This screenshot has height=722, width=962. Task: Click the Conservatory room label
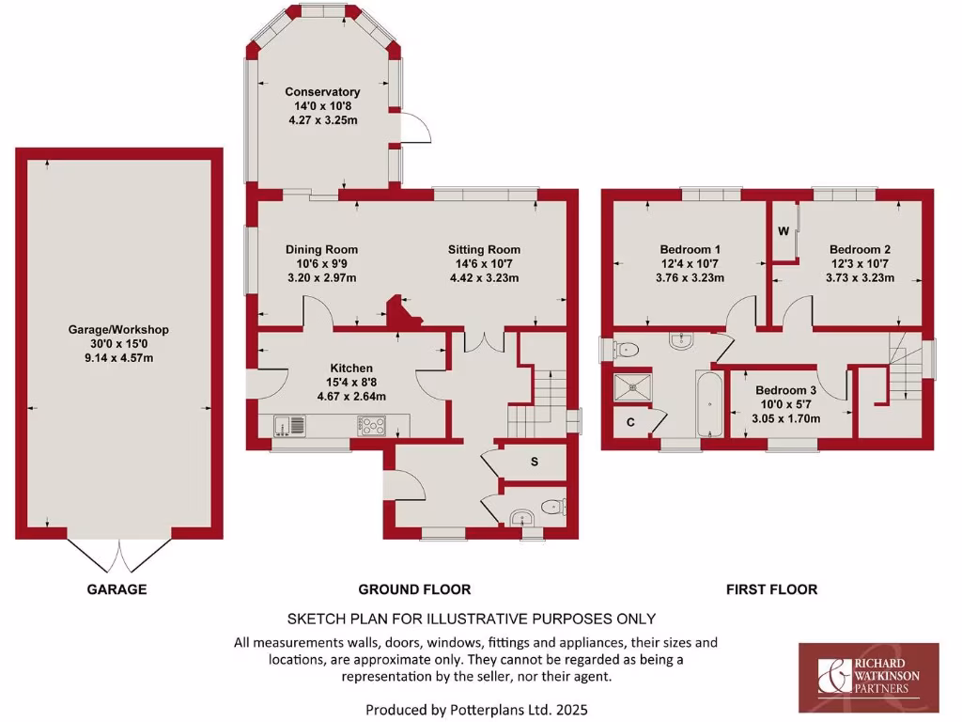(x=322, y=92)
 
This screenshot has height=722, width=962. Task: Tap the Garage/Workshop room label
(x=118, y=330)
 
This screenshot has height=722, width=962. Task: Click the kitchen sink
(x=291, y=426)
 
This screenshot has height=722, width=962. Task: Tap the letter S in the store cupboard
(x=535, y=462)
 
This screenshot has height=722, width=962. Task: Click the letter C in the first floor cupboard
(x=630, y=423)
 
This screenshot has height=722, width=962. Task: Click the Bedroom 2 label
(x=860, y=249)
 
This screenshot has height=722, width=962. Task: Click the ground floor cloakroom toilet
(x=554, y=508)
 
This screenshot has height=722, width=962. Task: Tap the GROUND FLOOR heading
(x=414, y=589)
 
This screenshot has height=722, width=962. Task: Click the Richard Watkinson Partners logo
(x=868, y=677)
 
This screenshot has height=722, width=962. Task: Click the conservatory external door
(x=416, y=128)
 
